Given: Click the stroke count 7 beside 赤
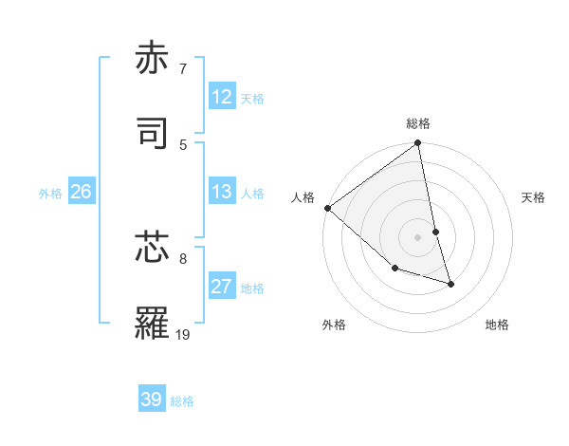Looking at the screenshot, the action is click(183, 68).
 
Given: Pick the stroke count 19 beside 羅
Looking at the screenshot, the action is click(183, 334).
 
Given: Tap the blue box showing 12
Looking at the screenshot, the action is click(222, 97).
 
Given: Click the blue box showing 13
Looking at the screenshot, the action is click(222, 192).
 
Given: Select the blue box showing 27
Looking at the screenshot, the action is click(222, 287).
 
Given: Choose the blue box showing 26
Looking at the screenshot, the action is click(81, 192).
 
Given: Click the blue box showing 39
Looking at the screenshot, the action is click(152, 400).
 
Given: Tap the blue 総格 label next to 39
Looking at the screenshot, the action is click(182, 401).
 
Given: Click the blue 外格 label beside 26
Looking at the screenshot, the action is click(50, 194).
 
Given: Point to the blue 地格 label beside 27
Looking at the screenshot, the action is click(252, 288).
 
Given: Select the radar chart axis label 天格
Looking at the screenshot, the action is click(533, 197).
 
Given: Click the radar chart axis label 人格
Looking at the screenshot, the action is click(303, 197).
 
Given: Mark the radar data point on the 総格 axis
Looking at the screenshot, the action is click(418, 143).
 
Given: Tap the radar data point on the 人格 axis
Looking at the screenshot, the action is click(327, 208).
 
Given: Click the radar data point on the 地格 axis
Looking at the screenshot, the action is click(450, 284).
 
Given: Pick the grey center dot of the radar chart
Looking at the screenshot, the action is click(418, 237).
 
